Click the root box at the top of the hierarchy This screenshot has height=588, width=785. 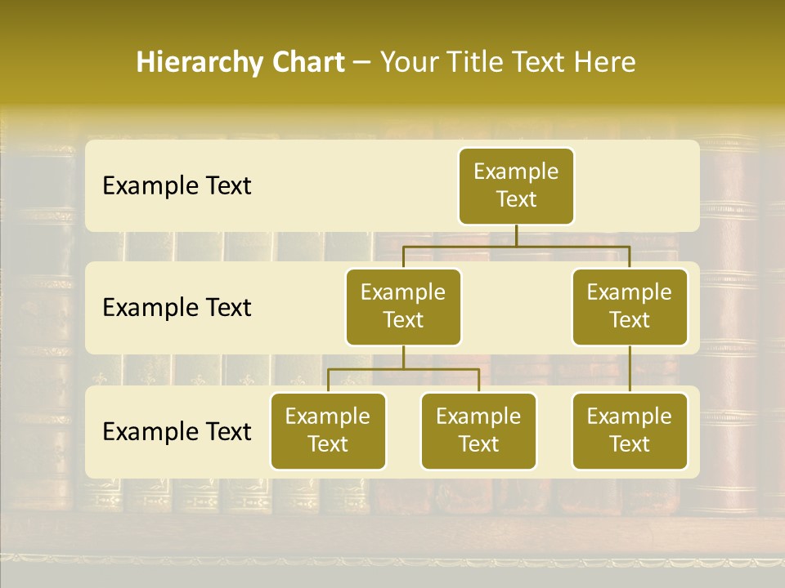pyautogui.click(x=516, y=185)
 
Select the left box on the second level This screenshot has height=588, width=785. pyautogui.click(x=403, y=306)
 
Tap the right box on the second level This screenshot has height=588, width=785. pyautogui.click(x=630, y=306)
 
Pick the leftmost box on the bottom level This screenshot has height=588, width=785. pyautogui.click(x=328, y=430)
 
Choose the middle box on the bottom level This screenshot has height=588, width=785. pyautogui.click(x=478, y=430)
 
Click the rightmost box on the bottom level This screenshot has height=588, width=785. pyautogui.click(x=630, y=430)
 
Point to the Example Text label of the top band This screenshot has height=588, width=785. pyautogui.click(x=177, y=186)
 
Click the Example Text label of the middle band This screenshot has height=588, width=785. pyautogui.click(x=177, y=308)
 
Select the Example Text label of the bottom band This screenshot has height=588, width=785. pyautogui.click(x=177, y=432)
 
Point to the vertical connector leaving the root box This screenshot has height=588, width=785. pyautogui.click(x=516, y=234)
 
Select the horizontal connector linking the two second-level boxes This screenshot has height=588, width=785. pyautogui.click(x=516, y=245)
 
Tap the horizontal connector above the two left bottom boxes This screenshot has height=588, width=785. pyautogui.click(x=403, y=369)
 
